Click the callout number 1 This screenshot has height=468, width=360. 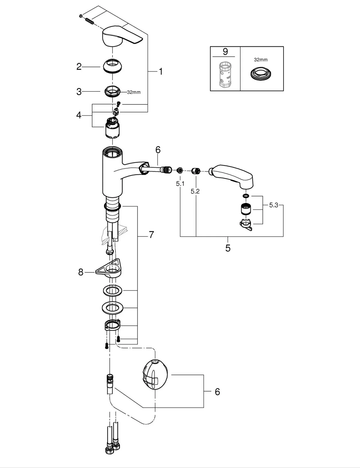point(160,71)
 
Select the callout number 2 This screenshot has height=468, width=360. point(79,67)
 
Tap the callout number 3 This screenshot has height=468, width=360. point(79,91)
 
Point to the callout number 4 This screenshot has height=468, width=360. point(79,115)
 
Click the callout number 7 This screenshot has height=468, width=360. point(151,235)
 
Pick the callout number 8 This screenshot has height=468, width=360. point(81,272)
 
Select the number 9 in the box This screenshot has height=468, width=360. point(225,52)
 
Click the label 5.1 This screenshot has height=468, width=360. point(180,184)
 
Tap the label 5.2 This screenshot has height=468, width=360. point(195,191)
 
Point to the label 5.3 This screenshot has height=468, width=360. point(273,205)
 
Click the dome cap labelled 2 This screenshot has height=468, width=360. point(112,66)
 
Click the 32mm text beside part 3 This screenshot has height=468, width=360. point(133,92)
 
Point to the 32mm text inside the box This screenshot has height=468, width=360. point(261,60)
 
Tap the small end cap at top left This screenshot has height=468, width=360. point(81,16)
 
